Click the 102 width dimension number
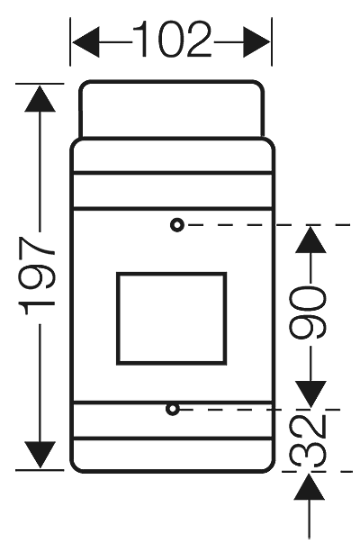[173, 40]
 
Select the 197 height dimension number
[40, 276]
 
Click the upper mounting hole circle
[177, 224]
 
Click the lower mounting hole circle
[172, 410]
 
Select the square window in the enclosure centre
[171, 318]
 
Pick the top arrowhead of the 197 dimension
[40, 98]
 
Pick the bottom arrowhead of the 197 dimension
[40, 456]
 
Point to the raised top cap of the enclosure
[171, 109]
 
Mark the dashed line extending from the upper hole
[270, 224]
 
